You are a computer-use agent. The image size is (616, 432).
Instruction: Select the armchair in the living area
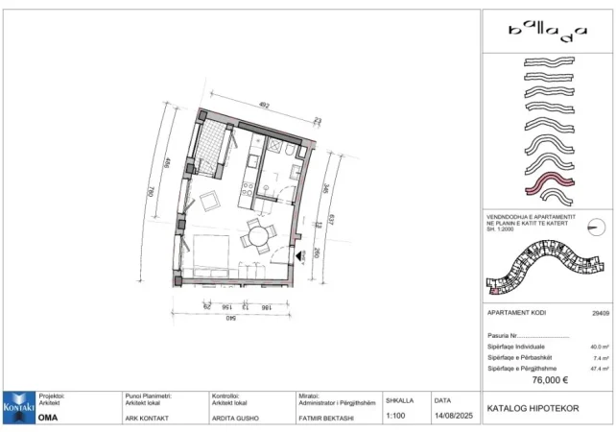(x=209, y=202)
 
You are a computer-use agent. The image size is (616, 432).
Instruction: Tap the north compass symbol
(x=598, y=227)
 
